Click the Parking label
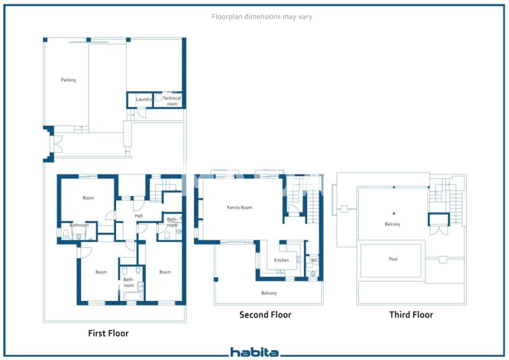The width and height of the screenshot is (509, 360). click(x=68, y=80)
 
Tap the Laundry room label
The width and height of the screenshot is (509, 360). click(x=144, y=99)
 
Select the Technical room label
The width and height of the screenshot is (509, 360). click(x=172, y=101)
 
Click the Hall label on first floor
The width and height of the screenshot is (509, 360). click(x=138, y=216)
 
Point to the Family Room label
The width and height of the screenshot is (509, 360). click(x=239, y=208)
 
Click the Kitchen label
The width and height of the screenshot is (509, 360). click(x=281, y=260)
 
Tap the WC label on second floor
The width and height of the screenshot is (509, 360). click(x=314, y=261)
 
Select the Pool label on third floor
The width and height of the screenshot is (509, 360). click(x=393, y=259)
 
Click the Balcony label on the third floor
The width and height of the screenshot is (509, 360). click(x=392, y=224)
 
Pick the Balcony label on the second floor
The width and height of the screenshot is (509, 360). click(x=269, y=293)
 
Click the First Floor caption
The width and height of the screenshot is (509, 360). click(x=108, y=333)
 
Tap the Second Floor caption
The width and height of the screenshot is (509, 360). click(x=265, y=315)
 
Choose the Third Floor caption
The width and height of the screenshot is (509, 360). click(x=411, y=315)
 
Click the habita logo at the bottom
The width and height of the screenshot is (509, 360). click(x=254, y=352)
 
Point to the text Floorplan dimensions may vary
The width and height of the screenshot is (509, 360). click(x=262, y=17)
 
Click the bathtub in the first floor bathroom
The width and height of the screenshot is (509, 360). click(x=133, y=296)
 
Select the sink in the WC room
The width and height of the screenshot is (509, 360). click(x=313, y=274)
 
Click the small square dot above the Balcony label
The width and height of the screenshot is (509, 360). click(x=394, y=213)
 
